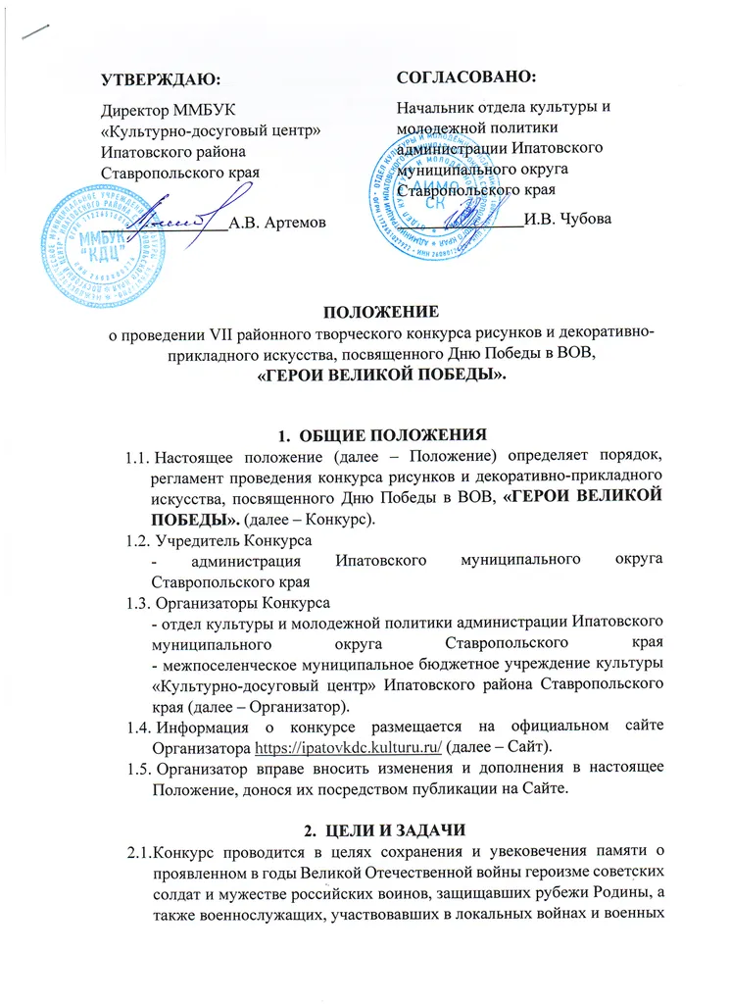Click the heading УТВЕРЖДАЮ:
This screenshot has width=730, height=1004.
(x=162, y=77)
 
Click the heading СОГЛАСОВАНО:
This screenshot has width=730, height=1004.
(x=465, y=75)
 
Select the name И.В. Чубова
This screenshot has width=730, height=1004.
(x=567, y=220)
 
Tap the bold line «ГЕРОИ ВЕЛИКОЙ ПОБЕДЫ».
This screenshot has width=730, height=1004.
(x=365, y=376)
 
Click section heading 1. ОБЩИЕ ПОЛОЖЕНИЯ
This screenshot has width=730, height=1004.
(x=365, y=434)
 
